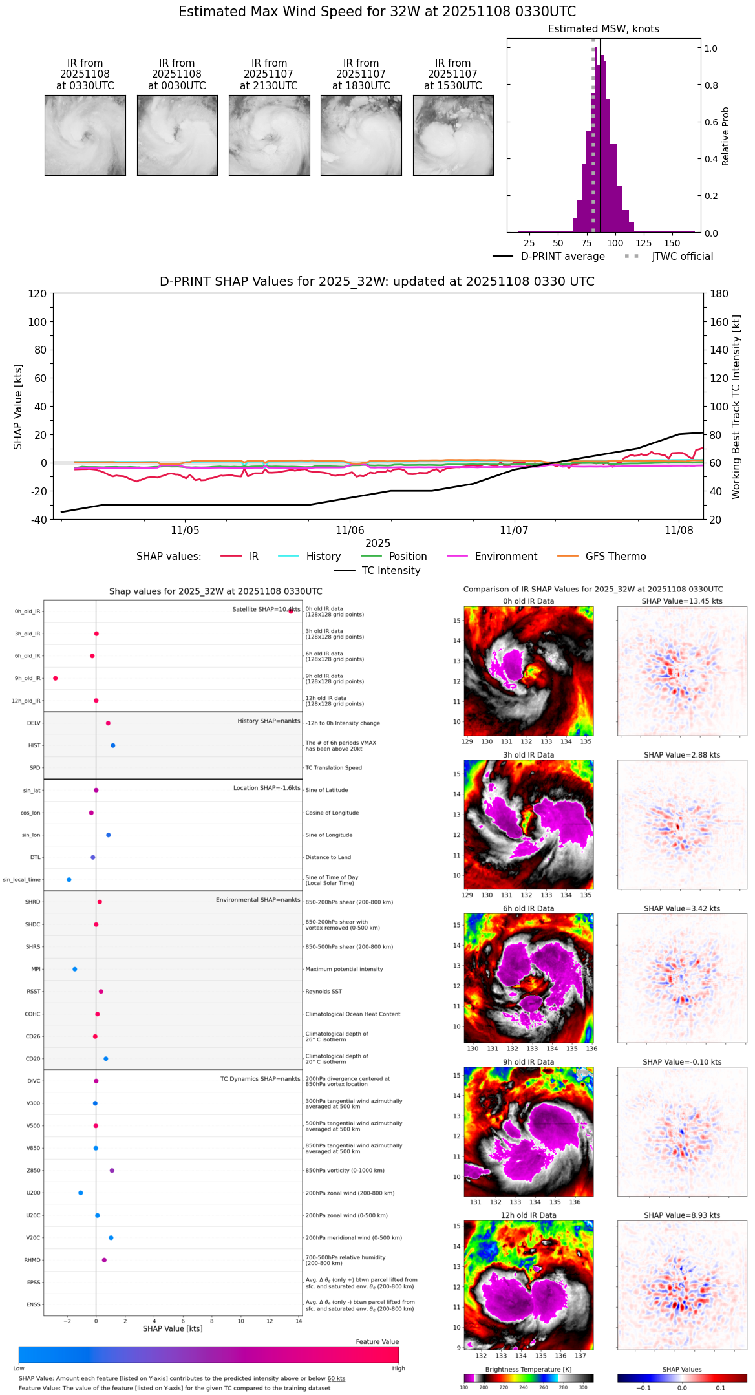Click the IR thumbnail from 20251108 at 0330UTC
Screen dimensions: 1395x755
coord(85,135)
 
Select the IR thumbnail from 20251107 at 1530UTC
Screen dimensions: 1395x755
coord(453,135)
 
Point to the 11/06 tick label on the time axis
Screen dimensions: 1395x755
coord(350,531)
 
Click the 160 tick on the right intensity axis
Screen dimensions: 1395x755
coord(719,322)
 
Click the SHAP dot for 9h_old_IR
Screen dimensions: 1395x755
coord(56,678)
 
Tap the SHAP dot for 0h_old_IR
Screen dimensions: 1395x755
coord(291,611)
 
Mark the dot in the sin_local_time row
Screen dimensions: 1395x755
coord(69,880)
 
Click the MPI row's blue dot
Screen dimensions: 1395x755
coord(75,969)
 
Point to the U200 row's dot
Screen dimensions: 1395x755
coord(81,1193)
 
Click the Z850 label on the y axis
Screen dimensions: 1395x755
coord(34,1171)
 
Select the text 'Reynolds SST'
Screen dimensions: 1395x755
coord(323,992)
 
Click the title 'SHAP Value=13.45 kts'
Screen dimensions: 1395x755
coord(682,601)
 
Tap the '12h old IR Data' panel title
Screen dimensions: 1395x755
coord(528,1215)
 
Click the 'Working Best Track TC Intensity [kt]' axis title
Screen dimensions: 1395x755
coord(736,407)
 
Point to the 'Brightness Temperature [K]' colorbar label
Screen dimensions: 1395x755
coord(528,1369)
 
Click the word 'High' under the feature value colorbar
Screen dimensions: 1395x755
coord(398,1368)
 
